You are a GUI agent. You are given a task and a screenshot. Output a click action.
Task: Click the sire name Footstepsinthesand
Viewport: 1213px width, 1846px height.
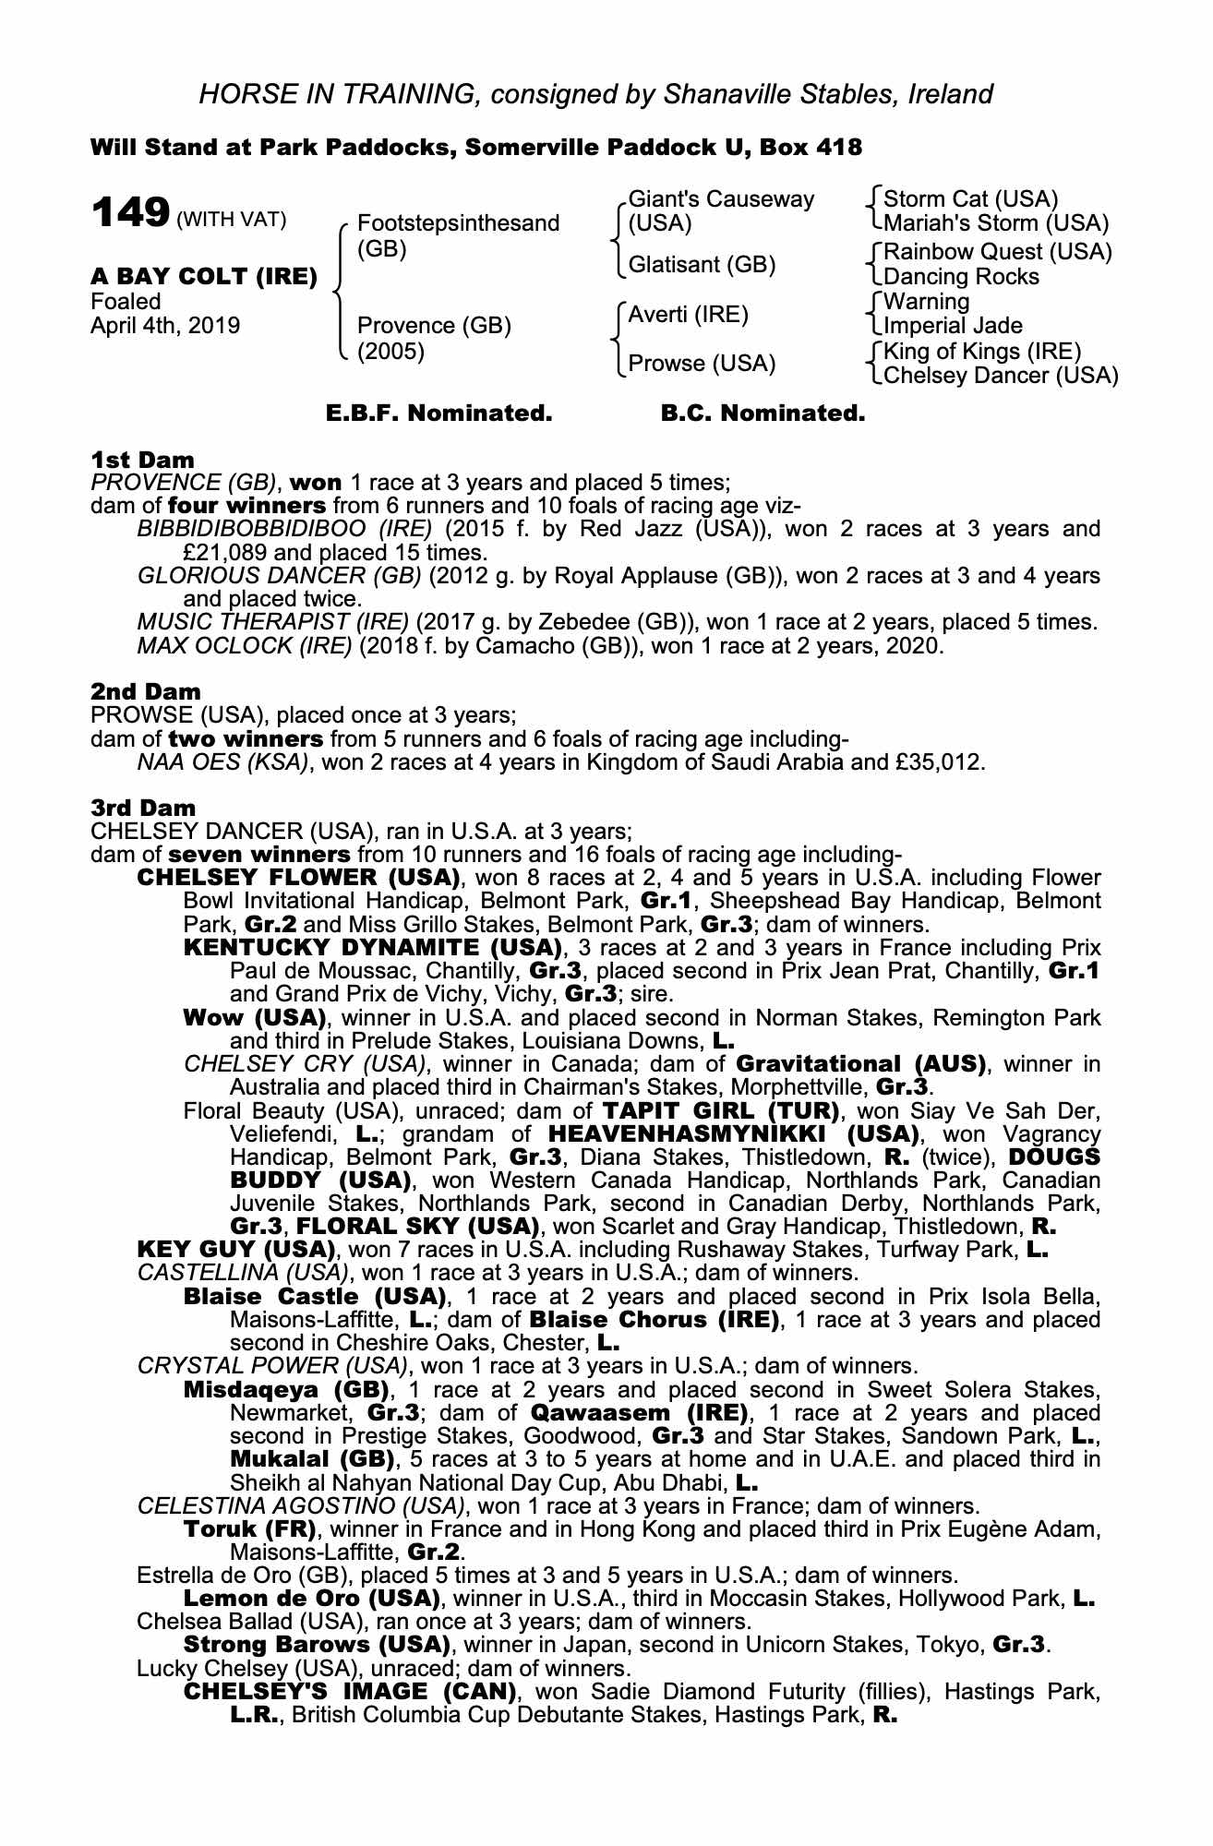click(x=458, y=223)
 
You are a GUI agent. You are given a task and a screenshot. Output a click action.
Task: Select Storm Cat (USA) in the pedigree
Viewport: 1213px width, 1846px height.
click(x=970, y=199)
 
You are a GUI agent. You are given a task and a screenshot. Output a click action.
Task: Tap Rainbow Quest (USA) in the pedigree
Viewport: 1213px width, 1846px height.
click(x=997, y=252)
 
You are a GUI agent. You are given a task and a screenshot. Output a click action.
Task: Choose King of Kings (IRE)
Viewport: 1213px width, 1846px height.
click(x=982, y=351)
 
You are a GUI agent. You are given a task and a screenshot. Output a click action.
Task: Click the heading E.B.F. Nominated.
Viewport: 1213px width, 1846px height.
click(x=439, y=414)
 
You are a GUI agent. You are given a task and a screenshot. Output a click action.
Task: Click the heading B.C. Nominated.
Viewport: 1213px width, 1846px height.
click(x=763, y=414)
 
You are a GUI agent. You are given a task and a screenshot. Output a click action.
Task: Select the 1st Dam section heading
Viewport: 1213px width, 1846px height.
click(x=143, y=460)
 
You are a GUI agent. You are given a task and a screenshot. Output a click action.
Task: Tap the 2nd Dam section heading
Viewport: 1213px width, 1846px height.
click(x=146, y=691)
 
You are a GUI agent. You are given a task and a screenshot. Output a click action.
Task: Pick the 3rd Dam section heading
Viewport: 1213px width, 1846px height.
click(x=144, y=808)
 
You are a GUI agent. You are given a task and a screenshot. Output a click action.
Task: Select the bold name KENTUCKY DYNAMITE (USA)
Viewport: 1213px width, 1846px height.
click(x=373, y=947)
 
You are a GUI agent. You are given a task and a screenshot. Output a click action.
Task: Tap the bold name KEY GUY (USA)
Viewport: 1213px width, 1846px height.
click(x=235, y=1250)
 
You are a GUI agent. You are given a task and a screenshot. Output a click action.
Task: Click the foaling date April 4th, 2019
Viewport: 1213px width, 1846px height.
click(x=165, y=326)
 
